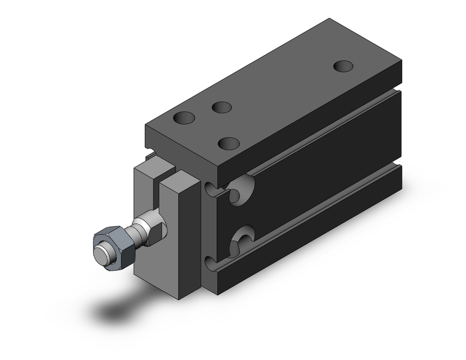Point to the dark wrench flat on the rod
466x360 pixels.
(x=157, y=230)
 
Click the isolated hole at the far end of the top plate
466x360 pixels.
(x=344, y=66)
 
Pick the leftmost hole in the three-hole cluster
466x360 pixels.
(x=184, y=118)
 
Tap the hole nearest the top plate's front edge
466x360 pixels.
(x=229, y=142)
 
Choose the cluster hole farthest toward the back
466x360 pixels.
(x=222, y=107)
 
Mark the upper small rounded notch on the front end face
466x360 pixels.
(x=211, y=189)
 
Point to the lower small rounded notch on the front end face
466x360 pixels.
(x=210, y=262)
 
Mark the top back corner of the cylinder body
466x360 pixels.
(x=330, y=19)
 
